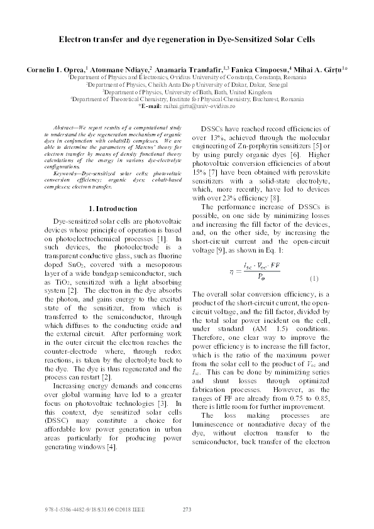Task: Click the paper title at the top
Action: pos(186,39)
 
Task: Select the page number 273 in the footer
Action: pos(186,509)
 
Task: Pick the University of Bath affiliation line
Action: pos(187,91)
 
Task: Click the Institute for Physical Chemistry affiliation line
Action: pos(187,99)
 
